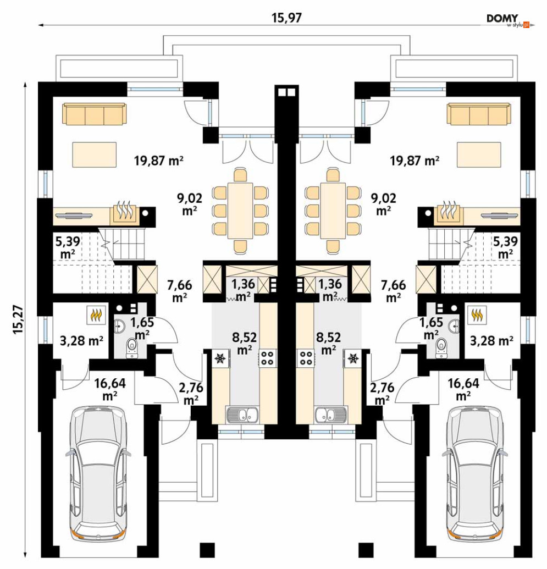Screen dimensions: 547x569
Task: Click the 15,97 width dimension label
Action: click(286, 18)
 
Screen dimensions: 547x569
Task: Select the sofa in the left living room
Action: click(95, 114)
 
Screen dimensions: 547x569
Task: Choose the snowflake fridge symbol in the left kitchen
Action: click(220, 358)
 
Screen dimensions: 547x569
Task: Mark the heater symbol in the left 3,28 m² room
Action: click(96, 314)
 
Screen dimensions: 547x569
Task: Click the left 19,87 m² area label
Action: click(158, 160)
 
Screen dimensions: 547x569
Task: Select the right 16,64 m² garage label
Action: click(463, 389)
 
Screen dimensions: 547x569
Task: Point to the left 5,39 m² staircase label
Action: click(68, 247)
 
